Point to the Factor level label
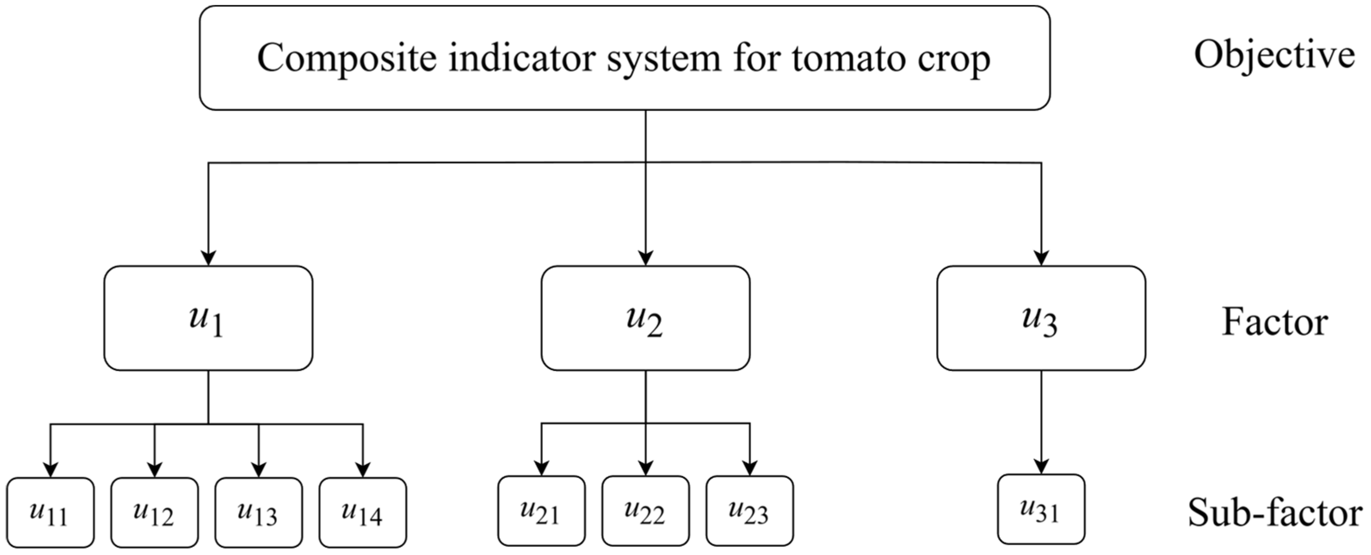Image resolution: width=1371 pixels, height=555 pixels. [x=1274, y=322]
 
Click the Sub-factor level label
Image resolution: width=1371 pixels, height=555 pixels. [x=1274, y=512]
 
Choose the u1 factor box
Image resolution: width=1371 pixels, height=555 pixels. [x=208, y=318]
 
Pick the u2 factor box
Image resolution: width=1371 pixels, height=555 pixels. [x=646, y=318]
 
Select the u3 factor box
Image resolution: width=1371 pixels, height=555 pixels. [x=1041, y=318]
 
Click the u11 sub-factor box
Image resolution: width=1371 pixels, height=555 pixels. [x=51, y=512]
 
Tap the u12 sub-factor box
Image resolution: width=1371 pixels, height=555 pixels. [x=154, y=512]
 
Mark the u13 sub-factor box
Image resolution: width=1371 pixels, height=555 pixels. [x=259, y=512]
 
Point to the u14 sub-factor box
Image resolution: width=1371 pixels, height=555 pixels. [x=363, y=512]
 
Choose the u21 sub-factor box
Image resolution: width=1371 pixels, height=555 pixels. [x=541, y=511]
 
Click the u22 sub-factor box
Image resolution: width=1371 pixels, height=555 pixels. [x=646, y=511]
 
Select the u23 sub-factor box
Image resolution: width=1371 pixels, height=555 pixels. [x=749, y=511]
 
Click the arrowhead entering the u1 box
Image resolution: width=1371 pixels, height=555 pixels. [x=208, y=258]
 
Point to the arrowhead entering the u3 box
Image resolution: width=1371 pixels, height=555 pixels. [x=1041, y=258]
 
